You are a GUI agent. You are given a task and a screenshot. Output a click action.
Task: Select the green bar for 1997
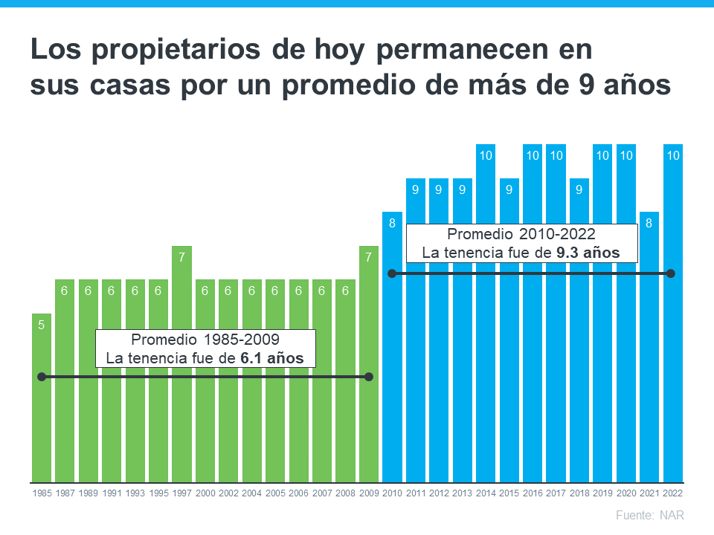click(181, 416)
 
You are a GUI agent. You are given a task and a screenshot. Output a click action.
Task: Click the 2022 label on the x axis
click(672, 493)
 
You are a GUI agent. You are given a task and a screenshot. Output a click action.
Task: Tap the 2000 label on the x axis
click(205, 493)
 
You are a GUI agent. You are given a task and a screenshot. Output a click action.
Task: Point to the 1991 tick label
click(112, 493)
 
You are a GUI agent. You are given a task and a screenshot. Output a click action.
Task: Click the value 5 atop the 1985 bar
click(42, 325)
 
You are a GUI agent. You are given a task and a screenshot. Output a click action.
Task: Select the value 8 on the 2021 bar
click(649, 224)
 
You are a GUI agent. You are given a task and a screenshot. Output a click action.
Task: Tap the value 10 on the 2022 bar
click(672, 155)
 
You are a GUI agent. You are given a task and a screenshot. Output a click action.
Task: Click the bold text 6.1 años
click(272, 358)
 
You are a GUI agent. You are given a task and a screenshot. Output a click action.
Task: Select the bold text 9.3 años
click(588, 253)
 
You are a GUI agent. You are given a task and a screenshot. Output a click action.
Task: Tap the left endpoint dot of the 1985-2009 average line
click(42, 377)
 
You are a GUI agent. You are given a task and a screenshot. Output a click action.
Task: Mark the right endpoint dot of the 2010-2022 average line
click(671, 273)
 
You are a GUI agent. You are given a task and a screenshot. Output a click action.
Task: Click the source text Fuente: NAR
click(650, 515)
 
